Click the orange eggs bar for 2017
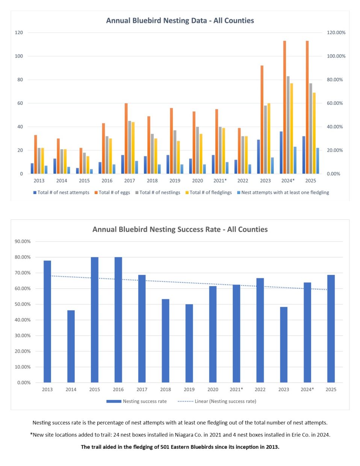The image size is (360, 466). [x=126, y=139]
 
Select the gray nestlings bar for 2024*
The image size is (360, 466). [x=288, y=125]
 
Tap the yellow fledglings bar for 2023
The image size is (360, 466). [x=269, y=139]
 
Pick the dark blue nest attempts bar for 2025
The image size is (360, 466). [x=304, y=155]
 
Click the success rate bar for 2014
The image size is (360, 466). [x=71, y=346]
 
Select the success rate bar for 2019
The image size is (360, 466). [x=189, y=343]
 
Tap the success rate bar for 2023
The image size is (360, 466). [x=284, y=345]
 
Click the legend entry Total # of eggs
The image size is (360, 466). [x=112, y=192]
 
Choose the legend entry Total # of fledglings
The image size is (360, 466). [x=209, y=192]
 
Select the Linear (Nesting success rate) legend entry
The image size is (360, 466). [x=217, y=401]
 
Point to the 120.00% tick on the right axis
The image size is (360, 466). [x=336, y=33]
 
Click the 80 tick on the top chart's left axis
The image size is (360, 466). [x=20, y=80]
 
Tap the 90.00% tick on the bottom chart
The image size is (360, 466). [x=23, y=242]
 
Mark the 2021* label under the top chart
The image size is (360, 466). [x=220, y=180]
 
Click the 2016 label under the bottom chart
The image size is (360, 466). [x=118, y=389]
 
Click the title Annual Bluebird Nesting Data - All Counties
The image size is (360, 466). [x=180, y=21]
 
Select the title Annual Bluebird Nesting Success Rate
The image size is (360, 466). [x=156, y=230]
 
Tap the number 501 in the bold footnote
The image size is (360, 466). [x=164, y=447]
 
